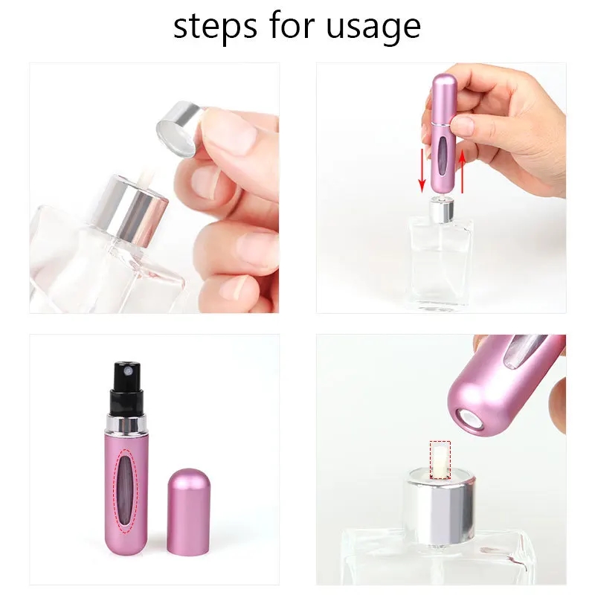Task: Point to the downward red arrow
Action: [x=422, y=170]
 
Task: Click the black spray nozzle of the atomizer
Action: [x=127, y=387]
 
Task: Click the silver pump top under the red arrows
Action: [x=440, y=209]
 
